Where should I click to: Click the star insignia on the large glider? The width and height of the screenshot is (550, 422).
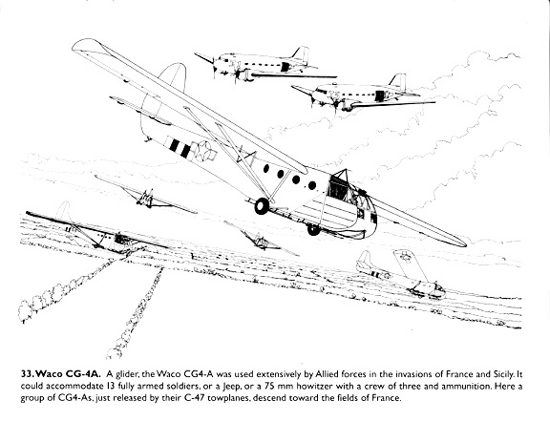pos(203,151)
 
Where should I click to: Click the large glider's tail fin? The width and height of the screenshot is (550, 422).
pos(173,76)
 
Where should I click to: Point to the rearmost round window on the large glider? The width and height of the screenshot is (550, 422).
pos(266,168)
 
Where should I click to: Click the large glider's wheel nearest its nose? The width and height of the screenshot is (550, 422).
pos(313,229)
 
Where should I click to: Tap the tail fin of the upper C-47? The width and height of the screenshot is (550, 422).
pos(301,54)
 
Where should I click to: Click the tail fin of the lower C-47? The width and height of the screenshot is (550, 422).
pos(398,82)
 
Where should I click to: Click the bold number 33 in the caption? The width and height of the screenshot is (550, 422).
pos(27,373)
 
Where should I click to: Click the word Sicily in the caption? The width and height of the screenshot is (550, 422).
pos(502,374)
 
